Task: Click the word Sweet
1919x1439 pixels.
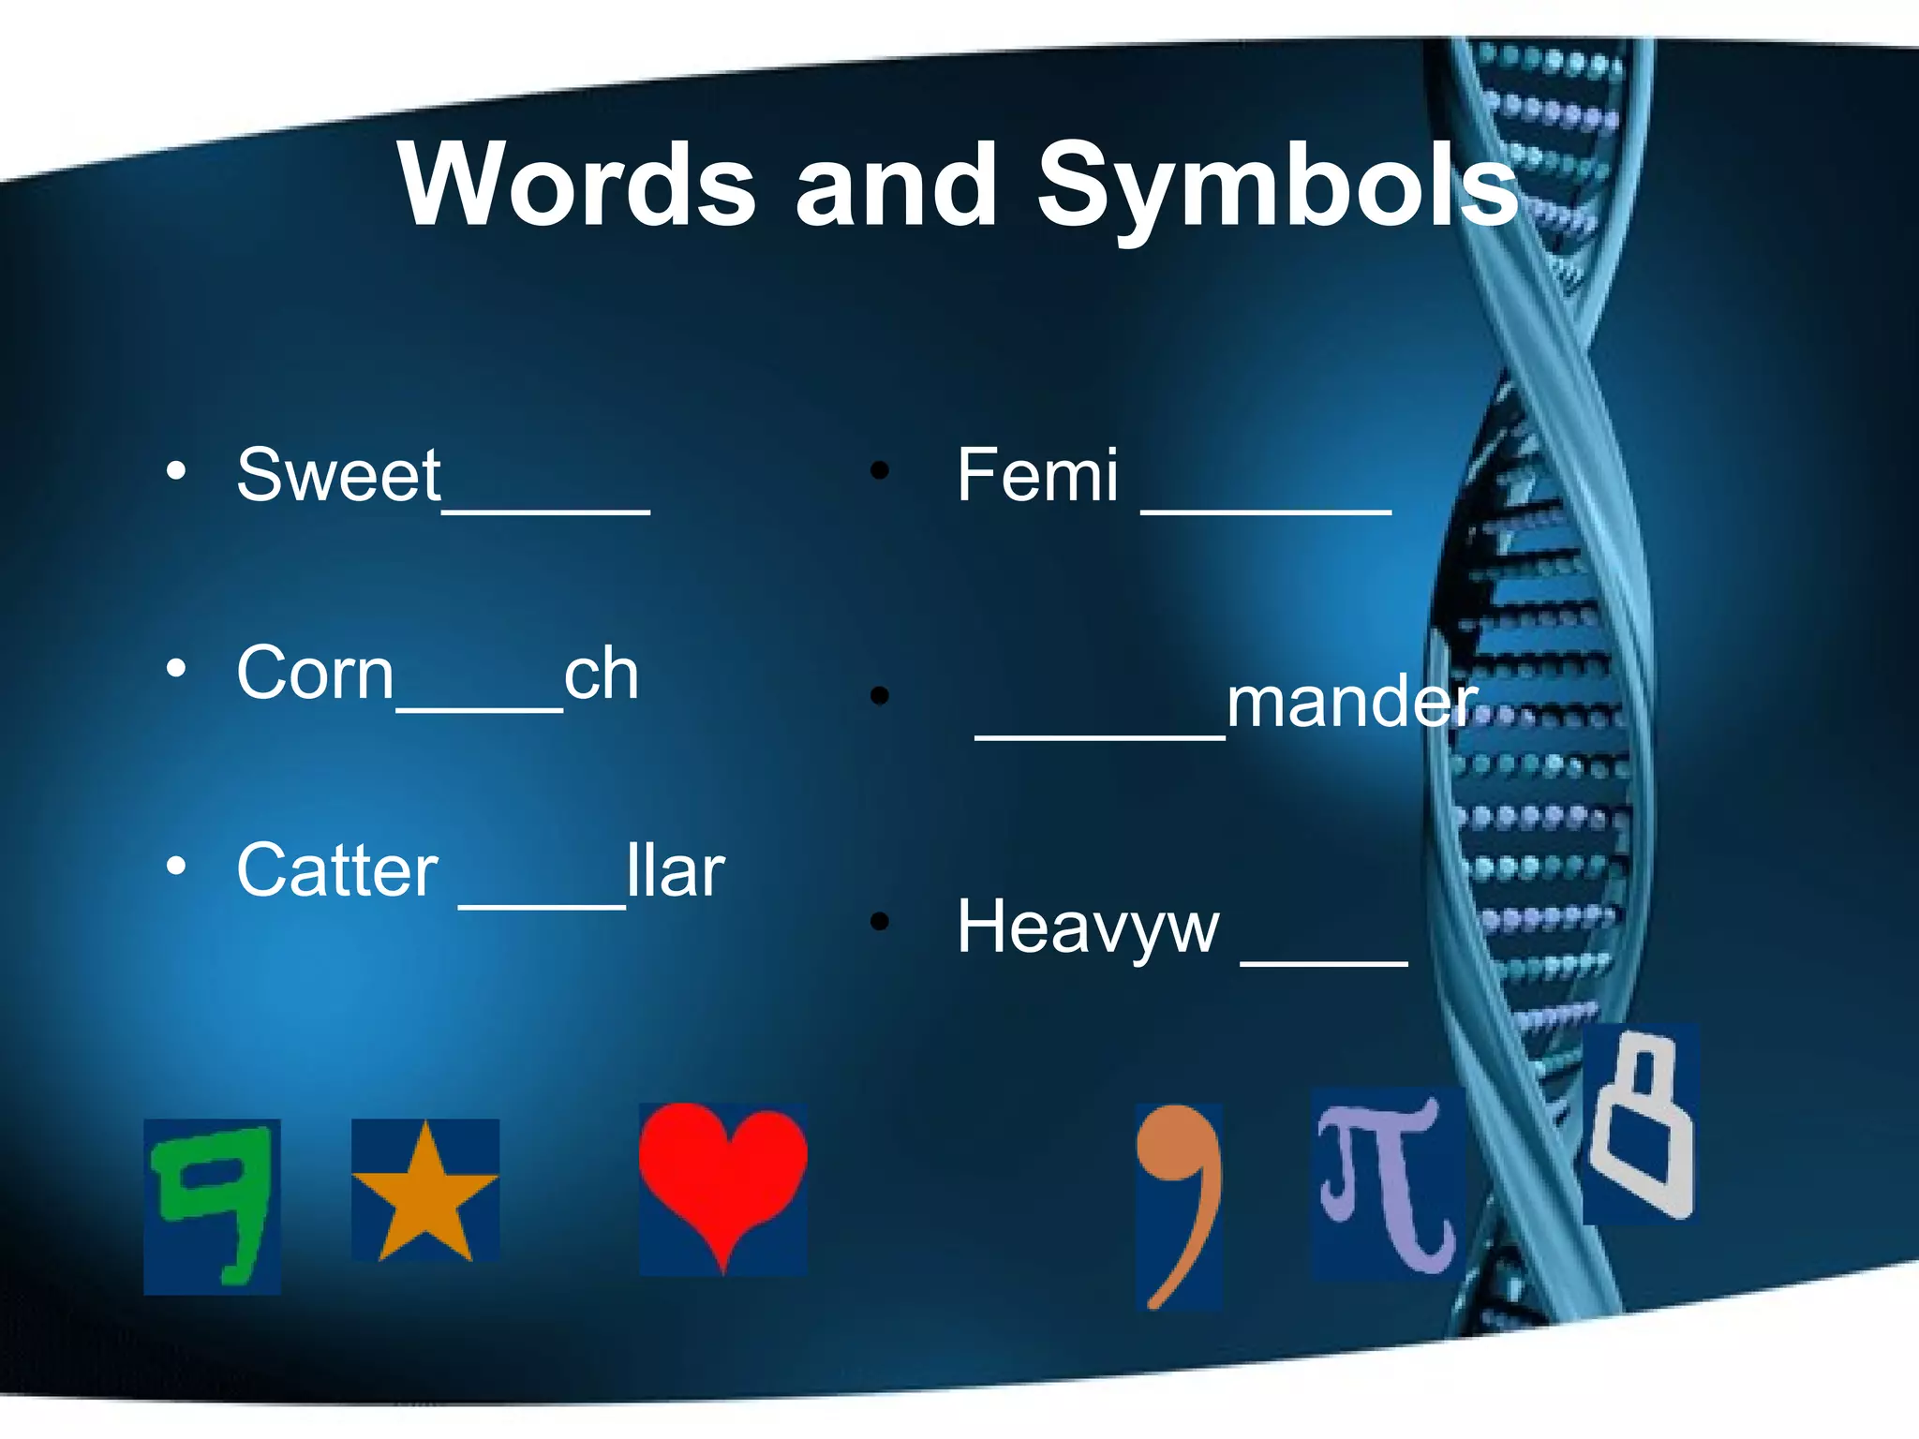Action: [338, 475]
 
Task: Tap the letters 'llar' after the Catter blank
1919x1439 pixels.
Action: [676, 870]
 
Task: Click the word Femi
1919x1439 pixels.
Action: [1037, 475]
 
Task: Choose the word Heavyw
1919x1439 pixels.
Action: [1088, 927]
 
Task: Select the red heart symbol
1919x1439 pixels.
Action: [722, 1183]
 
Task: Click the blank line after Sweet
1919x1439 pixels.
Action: [546, 510]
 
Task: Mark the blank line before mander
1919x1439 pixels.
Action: [1100, 736]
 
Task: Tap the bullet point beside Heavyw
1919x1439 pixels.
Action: [879, 922]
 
